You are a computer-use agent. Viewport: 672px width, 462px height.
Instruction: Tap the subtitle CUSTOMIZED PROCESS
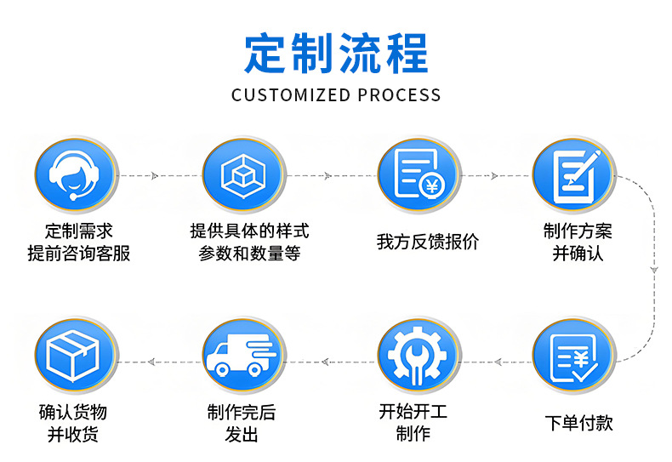click(x=336, y=94)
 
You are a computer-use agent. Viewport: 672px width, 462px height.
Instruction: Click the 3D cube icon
click(x=244, y=176)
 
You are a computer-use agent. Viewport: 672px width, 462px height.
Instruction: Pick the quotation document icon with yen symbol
click(x=419, y=176)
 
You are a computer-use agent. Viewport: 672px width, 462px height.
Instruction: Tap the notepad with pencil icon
click(x=574, y=176)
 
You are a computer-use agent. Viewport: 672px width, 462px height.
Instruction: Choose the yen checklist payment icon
click(x=574, y=359)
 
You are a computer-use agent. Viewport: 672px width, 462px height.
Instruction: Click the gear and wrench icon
click(x=419, y=357)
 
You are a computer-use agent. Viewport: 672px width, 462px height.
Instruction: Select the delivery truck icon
click(x=244, y=357)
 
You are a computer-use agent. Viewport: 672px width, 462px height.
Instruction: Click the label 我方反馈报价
click(x=428, y=242)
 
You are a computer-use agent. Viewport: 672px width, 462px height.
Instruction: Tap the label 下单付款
click(x=578, y=423)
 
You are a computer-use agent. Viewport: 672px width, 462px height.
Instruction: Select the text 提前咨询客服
click(x=79, y=253)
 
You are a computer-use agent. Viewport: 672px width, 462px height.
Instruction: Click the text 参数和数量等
click(x=249, y=253)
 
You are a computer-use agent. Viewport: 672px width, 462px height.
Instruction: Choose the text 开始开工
click(x=413, y=412)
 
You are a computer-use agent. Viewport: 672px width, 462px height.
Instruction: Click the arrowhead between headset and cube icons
click(x=154, y=176)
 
